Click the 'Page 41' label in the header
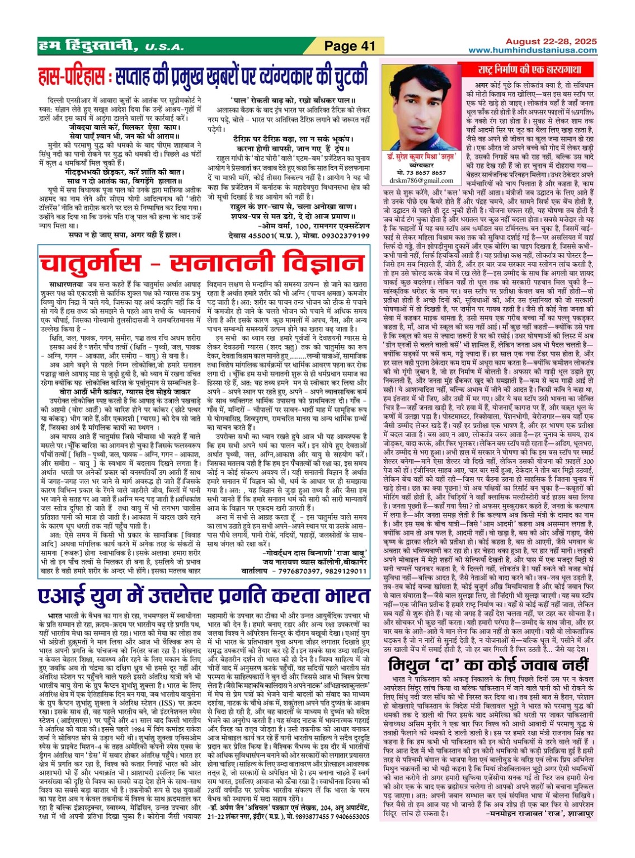coord(349,46)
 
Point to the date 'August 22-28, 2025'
coord(551,41)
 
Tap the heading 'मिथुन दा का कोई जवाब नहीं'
coord(488,665)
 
